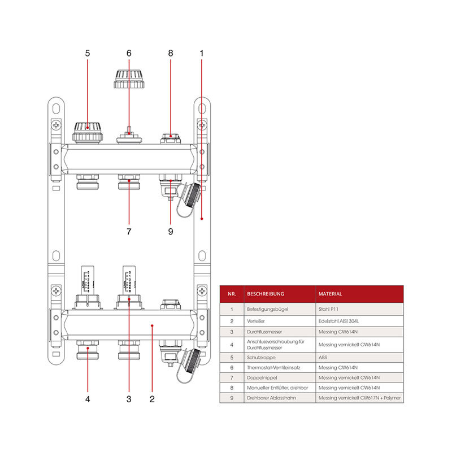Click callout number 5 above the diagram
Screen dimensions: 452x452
point(88,53)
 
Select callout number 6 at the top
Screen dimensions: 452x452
point(129,53)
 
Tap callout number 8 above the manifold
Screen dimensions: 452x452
point(170,53)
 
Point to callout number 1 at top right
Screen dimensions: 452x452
point(202,53)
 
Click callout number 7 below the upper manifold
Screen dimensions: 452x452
point(129,231)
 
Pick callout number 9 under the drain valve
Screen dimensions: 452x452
point(170,231)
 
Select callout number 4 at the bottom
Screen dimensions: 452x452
point(88,399)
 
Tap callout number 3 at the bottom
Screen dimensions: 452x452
point(129,399)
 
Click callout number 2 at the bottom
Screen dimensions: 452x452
point(152,399)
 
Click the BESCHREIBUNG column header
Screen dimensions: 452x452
point(266,294)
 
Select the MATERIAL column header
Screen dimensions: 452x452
point(331,294)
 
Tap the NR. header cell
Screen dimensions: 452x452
point(232,294)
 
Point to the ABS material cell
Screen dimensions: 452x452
point(323,357)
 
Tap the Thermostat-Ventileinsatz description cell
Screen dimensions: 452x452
point(273,367)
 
